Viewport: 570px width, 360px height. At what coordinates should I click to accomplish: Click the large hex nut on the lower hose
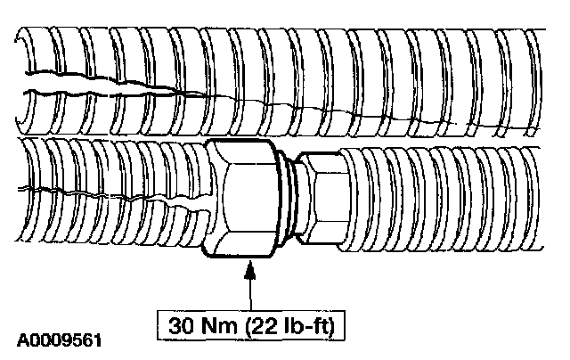[x=241, y=198]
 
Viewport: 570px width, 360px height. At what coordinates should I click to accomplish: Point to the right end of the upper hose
[x=534, y=76]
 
